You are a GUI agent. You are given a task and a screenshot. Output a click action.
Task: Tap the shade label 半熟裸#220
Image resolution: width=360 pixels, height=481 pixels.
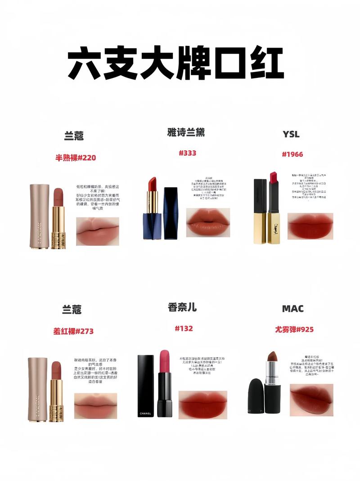tap(76, 157)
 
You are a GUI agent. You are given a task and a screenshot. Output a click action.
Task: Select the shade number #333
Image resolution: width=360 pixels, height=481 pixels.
tap(187, 153)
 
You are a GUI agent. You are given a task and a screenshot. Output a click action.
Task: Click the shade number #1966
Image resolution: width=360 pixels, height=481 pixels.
tap(292, 154)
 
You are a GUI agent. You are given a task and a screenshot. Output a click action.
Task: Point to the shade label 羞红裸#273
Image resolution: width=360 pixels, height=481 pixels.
tap(74, 331)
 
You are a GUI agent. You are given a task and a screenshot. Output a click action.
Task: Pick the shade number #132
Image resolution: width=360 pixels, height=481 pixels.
tap(184, 328)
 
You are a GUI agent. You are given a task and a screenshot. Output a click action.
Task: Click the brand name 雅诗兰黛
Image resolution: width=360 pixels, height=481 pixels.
tap(186, 133)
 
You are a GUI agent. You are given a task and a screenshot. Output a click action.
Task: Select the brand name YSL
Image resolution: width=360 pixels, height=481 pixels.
tap(291, 134)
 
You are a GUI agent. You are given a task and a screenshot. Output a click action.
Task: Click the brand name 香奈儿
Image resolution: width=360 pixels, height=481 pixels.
tap(182, 307)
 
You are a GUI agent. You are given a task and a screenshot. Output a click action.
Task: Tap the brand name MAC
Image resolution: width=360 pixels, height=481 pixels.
tap(292, 309)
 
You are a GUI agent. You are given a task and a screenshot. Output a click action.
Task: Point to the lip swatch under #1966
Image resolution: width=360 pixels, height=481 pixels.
tap(310, 226)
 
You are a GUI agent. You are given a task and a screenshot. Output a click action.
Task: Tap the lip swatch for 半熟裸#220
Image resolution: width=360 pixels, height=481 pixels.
tap(97, 231)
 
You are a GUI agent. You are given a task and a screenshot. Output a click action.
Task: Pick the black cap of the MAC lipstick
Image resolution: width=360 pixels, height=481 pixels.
tap(256, 396)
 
